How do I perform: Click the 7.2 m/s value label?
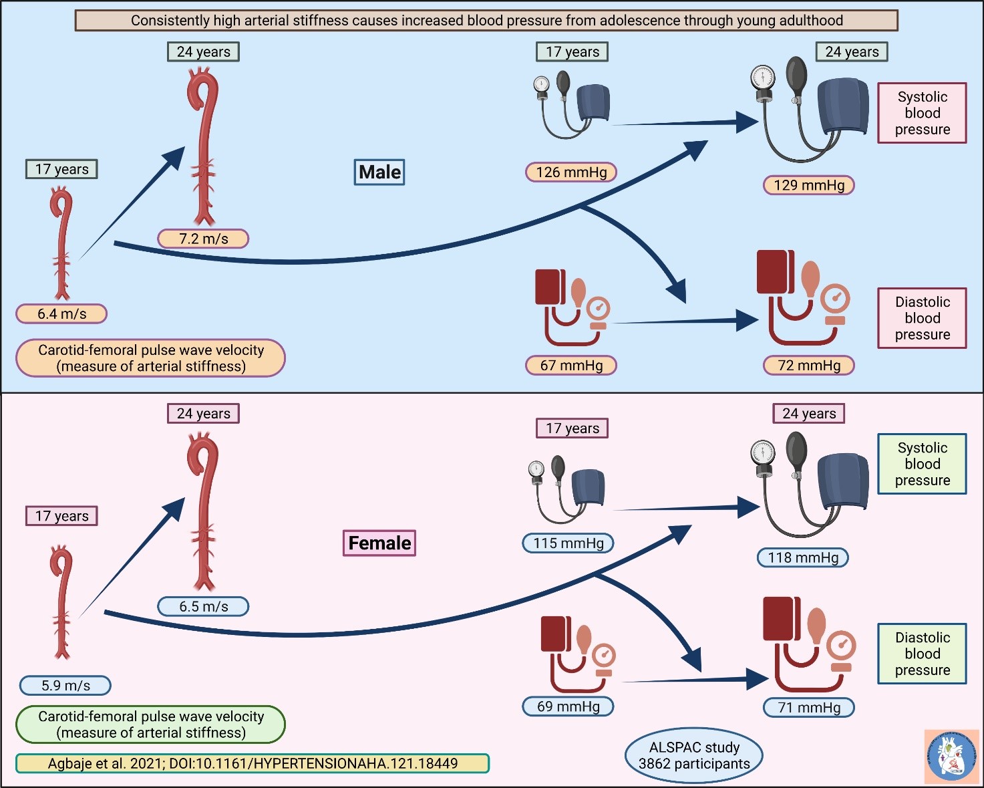tap(203, 239)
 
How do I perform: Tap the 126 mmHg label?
tap(571, 172)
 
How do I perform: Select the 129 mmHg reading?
tap(809, 185)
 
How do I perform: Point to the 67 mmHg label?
tap(571, 366)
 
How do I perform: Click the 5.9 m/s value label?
tap(65, 686)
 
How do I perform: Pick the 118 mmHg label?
tap(803, 557)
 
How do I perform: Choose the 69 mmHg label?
tap(568, 706)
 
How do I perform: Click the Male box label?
tap(379, 172)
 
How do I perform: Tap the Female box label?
tap(379, 543)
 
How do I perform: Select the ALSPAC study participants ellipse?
tap(694, 756)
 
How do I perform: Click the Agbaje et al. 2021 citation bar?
tap(253, 763)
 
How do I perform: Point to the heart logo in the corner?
tap(951, 756)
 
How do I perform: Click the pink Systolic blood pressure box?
tap(922, 113)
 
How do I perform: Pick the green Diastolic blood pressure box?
tap(922, 654)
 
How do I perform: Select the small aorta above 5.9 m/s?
tap(62, 602)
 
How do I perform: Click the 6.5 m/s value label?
tap(203, 607)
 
